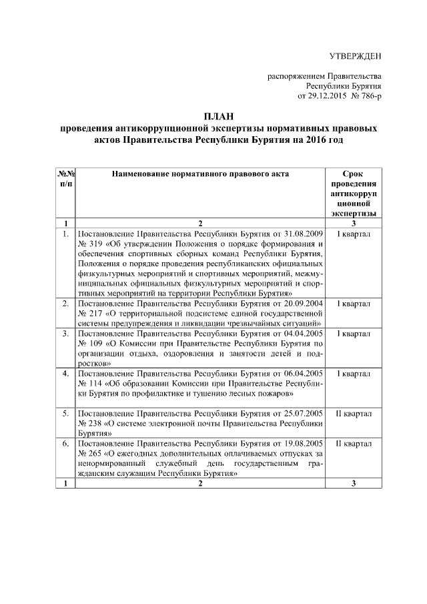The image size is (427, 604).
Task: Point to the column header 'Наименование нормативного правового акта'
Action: (x=200, y=173)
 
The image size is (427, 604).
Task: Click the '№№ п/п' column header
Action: (x=66, y=178)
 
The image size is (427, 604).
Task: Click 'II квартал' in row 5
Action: (x=354, y=414)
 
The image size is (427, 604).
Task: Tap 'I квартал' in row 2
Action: (x=354, y=304)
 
